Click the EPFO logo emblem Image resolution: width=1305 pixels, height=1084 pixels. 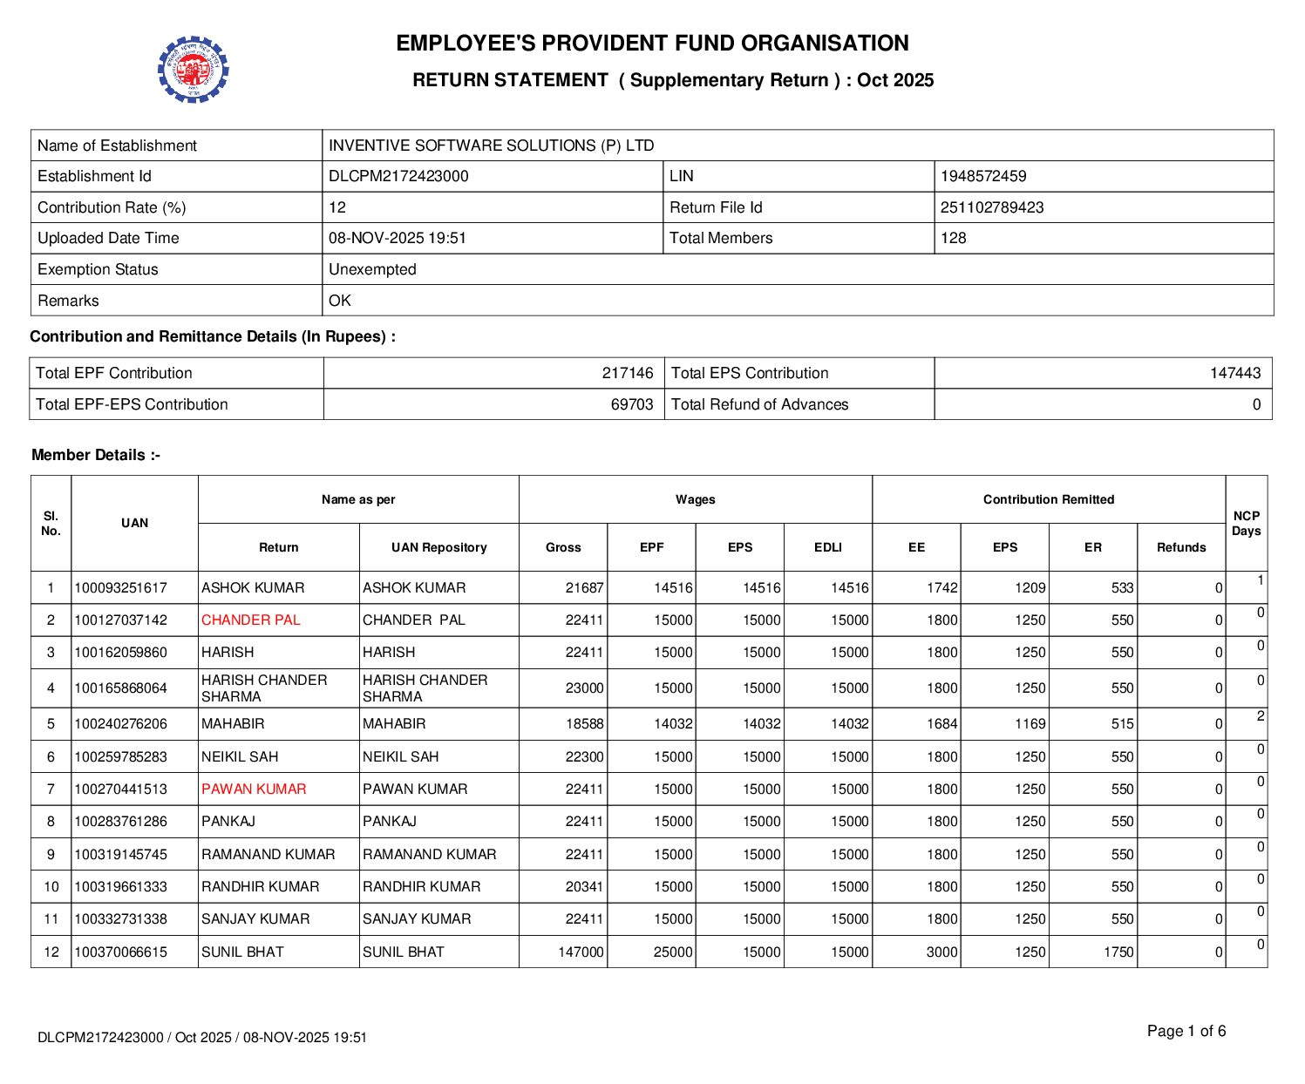pos(193,70)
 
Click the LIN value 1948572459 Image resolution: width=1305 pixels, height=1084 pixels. pos(982,176)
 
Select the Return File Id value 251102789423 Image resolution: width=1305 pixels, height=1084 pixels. pos(991,207)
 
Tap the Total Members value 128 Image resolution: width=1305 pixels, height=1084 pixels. pos(953,238)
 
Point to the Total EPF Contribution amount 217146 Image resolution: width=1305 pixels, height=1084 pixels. pos(627,373)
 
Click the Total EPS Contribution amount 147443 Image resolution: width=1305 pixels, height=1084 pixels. pos(1234,373)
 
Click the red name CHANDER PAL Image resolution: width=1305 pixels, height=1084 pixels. pos(250,620)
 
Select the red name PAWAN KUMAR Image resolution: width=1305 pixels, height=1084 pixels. pos(254,789)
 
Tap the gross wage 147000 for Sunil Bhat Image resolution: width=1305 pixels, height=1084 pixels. pos(581,952)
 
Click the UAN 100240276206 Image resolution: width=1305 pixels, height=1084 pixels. pos(120,723)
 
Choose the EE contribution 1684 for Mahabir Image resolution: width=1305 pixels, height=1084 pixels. pos(941,723)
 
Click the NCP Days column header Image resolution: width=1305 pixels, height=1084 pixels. pos(1246,523)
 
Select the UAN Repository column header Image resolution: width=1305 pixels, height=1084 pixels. pos(438,547)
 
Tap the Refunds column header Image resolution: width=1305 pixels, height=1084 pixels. pos(1180,547)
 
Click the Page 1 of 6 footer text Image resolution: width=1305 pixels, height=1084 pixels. pos(1186,1031)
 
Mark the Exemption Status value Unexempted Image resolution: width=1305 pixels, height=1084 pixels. pos(372,269)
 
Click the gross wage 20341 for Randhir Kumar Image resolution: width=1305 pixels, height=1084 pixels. pos(584,886)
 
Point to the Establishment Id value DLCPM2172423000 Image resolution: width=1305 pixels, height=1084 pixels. pos(398,176)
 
